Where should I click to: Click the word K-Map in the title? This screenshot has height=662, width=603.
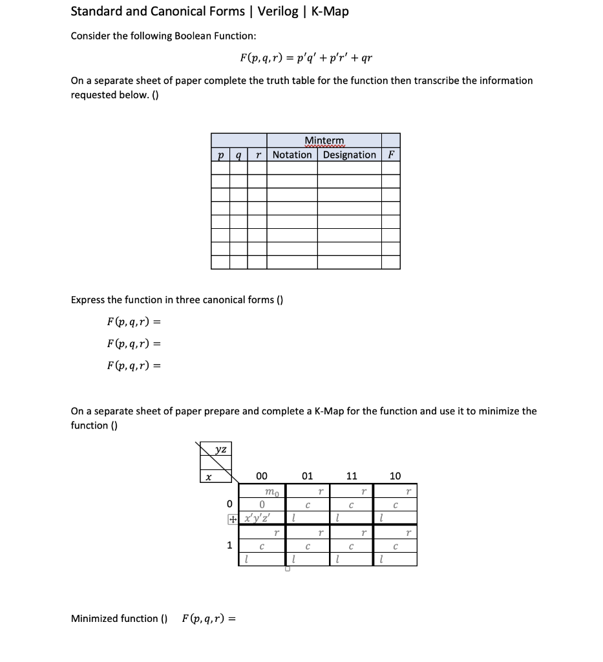click(x=330, y=11)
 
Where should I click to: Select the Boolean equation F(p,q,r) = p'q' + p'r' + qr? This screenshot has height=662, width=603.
click(x=305, y=58)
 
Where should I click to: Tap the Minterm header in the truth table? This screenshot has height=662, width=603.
click(x=324, y=141)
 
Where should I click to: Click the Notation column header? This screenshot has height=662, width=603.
click(x=292, y=155)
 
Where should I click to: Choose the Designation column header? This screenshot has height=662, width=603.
click(x=350, y=155)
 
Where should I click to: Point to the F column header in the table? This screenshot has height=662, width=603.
click(x=390, y=155)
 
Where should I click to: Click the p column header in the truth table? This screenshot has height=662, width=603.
click(x=220, y=155)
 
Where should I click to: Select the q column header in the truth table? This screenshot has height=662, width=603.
click(x=239, y=155)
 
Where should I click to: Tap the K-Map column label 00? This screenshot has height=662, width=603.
click(x=262, y=476)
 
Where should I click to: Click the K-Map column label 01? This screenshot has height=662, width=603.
click(x=307, y=476)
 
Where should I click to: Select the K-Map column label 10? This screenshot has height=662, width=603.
click(x=395, y=476)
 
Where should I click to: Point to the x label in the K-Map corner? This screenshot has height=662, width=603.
click(x=207, y=476)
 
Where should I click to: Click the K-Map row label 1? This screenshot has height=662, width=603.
click(x=229, y=545)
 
